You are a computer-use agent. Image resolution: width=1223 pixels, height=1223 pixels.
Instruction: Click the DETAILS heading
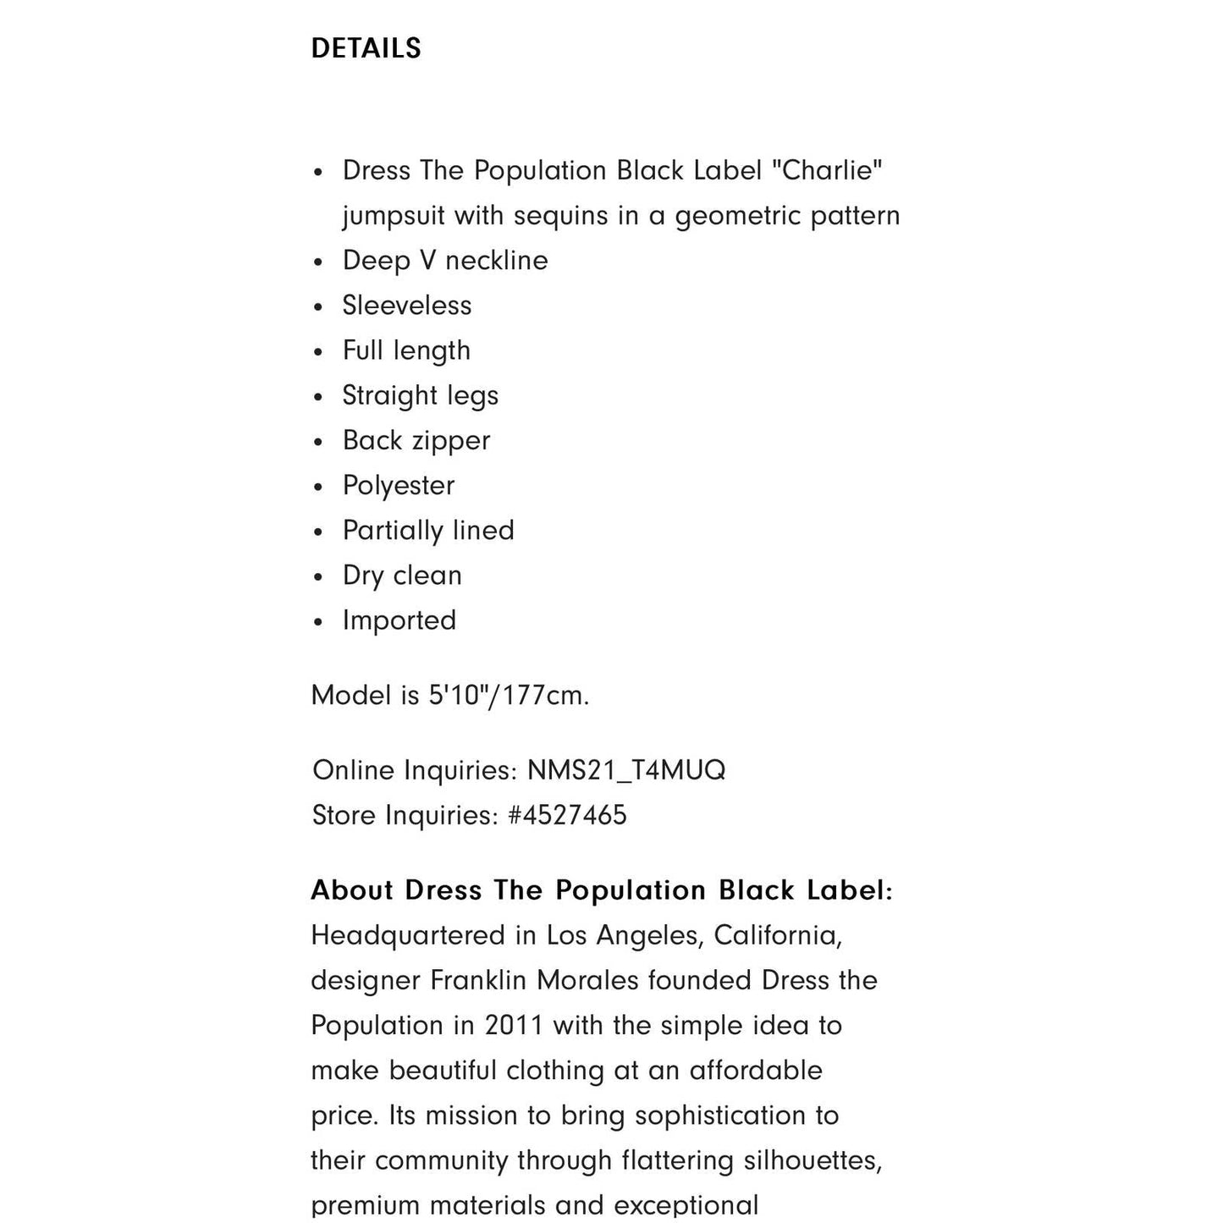tap(366, 48)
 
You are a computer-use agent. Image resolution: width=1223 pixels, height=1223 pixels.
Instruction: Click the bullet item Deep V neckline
tap(445, 260)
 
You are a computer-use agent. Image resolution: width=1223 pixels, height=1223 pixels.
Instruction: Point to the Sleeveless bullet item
tap(407, 305)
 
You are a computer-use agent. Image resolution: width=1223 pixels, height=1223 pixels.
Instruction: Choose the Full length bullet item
tap(406, 350)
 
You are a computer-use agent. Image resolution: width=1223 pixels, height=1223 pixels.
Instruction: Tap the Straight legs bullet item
tap(421, 395)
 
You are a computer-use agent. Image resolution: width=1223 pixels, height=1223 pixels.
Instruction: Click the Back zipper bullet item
tap(416, 440)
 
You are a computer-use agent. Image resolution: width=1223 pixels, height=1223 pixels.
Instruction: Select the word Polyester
tap(399, 485)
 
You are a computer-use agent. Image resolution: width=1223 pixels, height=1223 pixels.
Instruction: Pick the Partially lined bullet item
tap(428, 530)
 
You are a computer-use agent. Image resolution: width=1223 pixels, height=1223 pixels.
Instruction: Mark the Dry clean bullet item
tap(402, 575)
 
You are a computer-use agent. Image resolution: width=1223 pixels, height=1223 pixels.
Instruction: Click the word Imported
tap(399, 620)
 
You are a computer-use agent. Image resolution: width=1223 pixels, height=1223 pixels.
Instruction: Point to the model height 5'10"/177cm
tap(507, 695)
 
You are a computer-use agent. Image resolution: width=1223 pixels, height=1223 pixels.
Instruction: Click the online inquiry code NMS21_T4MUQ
tap(626, 770)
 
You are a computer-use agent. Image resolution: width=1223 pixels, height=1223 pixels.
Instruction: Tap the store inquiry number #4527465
tap(567, 815)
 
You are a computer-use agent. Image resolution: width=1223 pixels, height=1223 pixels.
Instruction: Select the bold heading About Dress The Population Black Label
tap(601, 890)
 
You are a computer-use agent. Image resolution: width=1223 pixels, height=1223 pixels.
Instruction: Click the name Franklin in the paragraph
tap(480, 980)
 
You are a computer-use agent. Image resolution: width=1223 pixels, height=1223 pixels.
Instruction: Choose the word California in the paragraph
tap(777, 935)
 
